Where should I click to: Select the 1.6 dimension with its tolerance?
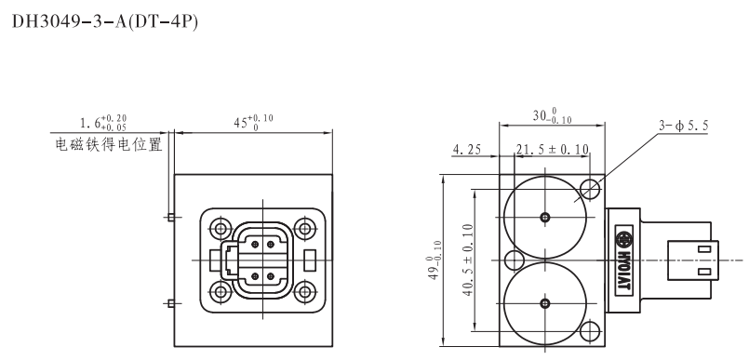[101, 123]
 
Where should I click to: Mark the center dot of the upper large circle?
[545, 217]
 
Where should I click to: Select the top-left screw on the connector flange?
[221, 227]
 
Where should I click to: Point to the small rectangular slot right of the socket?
[310, 260]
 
